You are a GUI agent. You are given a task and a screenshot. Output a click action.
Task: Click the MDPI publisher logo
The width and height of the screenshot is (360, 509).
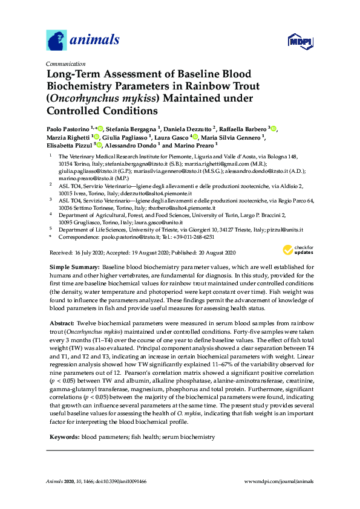pyautogui.click(x=300, y=41)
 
